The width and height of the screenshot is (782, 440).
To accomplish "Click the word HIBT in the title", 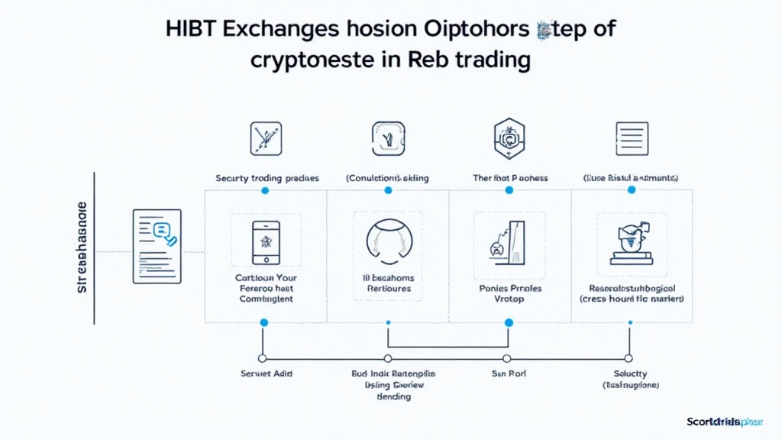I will point(192,30).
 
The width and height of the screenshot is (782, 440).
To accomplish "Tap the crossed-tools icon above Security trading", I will point(266,138).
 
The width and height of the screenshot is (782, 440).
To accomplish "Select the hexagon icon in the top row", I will point(509,137).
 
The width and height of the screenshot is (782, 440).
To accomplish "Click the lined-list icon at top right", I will point(632,138).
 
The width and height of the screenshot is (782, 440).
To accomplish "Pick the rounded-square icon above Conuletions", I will point(387,138).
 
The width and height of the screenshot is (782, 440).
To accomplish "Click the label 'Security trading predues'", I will point(267,178).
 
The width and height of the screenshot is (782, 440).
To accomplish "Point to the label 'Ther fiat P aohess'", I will point(509,178).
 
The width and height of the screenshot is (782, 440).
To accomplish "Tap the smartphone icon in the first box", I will point(266,243).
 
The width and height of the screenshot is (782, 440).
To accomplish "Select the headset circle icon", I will point(387,241).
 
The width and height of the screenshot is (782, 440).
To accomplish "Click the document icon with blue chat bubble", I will point(157,246).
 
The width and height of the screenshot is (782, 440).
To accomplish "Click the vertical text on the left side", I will point(83,248).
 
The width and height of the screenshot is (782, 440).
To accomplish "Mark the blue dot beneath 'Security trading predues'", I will point(265,190).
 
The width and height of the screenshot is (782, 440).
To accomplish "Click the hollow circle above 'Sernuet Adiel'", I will point(263,357).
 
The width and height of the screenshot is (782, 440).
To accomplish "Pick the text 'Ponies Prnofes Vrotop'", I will point(509,294).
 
